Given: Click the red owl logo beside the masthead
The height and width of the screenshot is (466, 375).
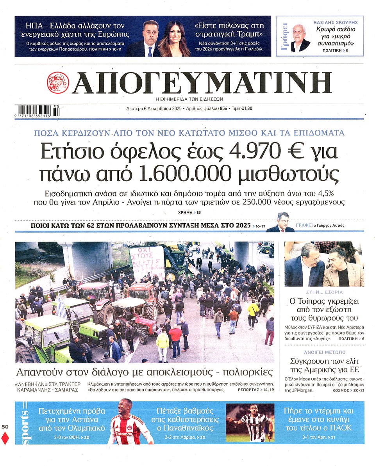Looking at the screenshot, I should pos(58,83).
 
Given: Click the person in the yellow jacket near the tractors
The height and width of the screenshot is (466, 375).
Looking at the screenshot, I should pos(162,342).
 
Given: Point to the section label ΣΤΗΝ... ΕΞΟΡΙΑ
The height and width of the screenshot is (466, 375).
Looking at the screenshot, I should pos(324,291).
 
